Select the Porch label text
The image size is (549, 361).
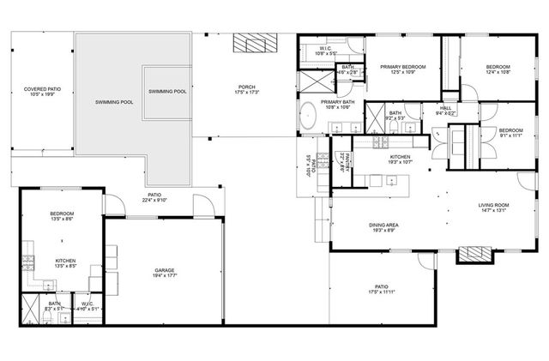point(247,87)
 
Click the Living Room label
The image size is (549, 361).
point(494,205)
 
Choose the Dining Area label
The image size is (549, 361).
point(383,225)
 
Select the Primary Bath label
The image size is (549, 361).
point(339,101)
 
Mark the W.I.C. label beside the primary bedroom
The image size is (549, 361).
point(327,49)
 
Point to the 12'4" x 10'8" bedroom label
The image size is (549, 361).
point(498,68)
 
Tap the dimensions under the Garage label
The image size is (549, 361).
point(165,275)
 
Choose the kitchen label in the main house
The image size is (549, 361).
point(401,157)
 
